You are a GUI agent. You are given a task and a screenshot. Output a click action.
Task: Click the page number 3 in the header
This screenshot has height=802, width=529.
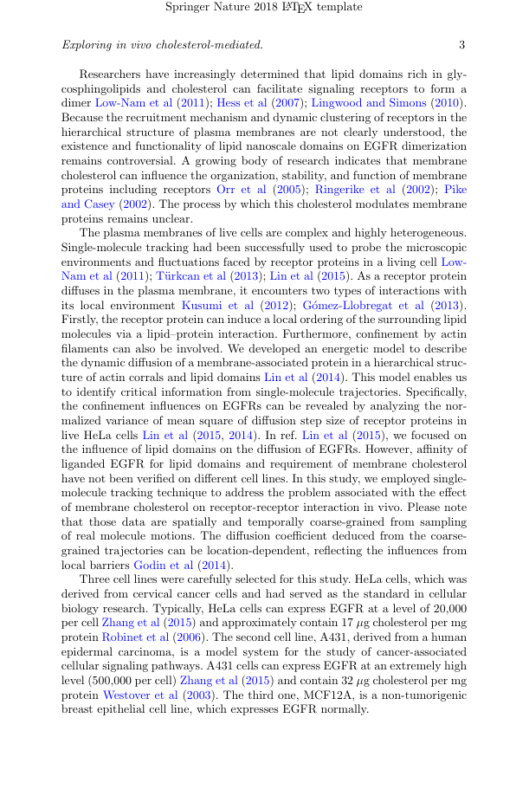coord(461,44)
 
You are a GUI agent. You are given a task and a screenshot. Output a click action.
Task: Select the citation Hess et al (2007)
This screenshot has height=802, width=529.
coord(257,103)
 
